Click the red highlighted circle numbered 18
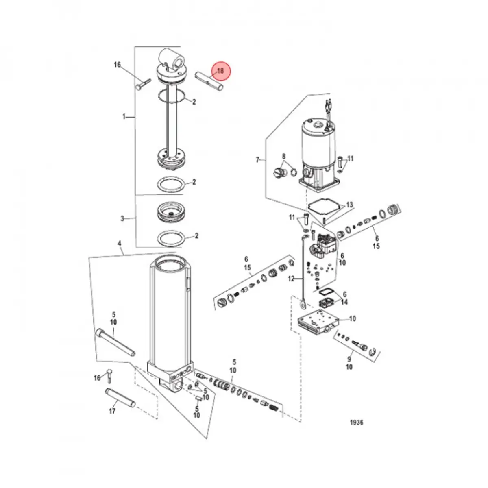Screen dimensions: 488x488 pos(220,71)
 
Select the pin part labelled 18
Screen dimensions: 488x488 pos(210,81)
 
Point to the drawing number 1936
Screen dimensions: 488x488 pos(357,423)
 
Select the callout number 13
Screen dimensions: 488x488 pos(349,205)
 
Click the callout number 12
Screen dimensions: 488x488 pos(291,279)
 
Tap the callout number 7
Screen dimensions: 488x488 pos(257,160)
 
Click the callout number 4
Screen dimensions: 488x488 pos(119,244)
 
